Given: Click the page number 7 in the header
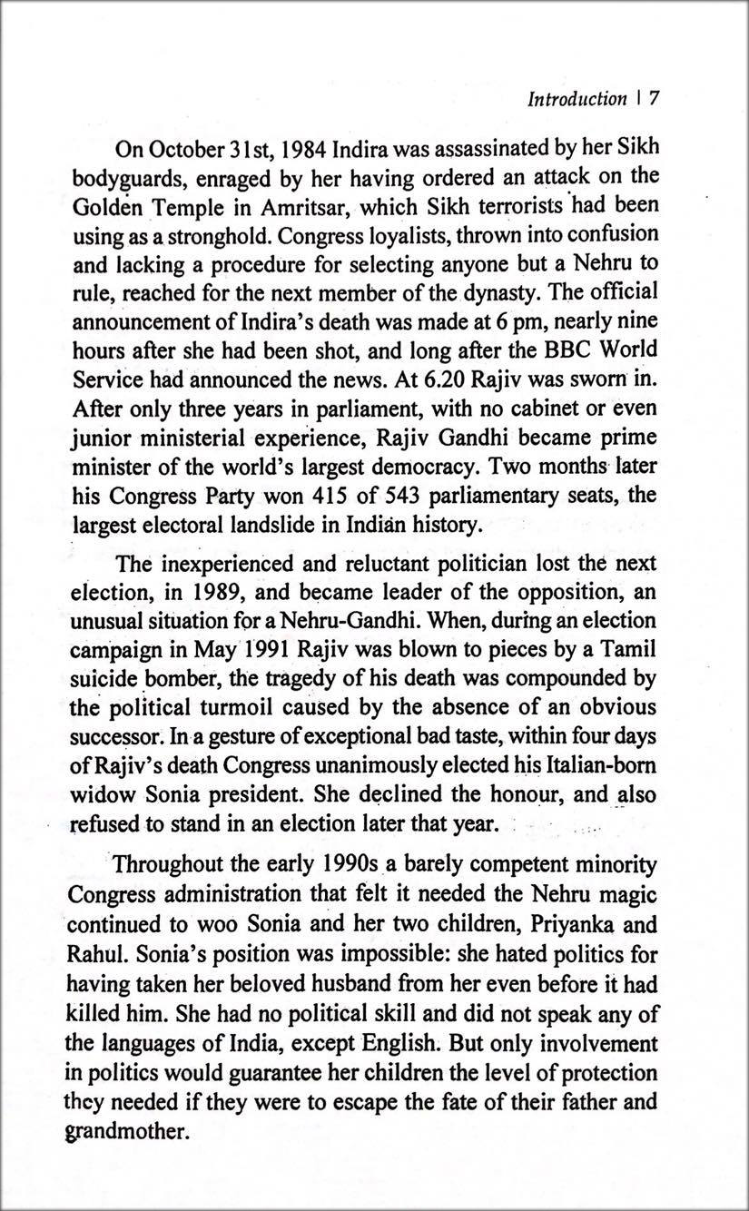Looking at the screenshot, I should [x=653, y=99].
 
